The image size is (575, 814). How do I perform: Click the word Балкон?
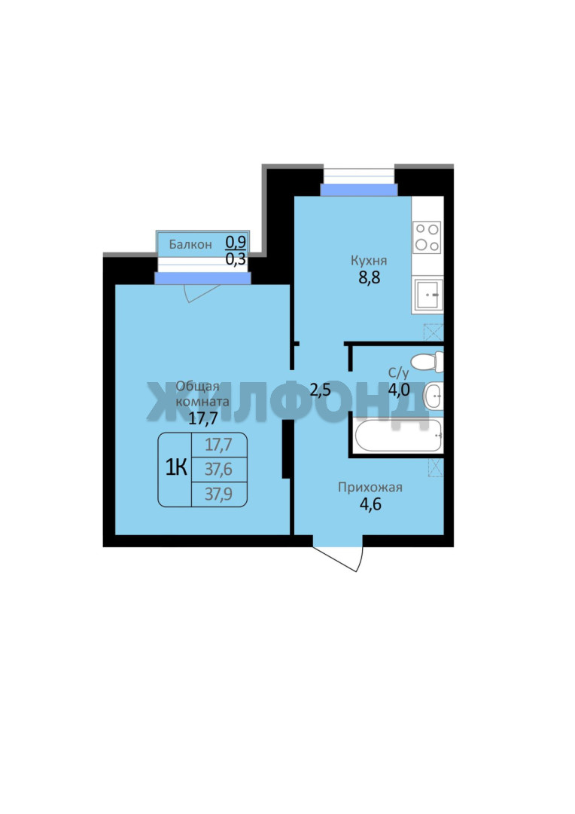point(190,244)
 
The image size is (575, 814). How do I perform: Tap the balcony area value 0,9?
point(236,241)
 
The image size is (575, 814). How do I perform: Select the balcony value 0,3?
point(236,259)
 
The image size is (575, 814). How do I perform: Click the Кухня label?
point(369,261)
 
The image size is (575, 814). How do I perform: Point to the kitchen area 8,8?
point(370,277)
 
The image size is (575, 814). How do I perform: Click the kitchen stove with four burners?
point(427,237)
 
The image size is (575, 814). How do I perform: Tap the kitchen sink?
point(427,295)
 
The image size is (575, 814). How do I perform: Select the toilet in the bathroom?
point(427,362)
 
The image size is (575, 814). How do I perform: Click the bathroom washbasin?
point(433,396)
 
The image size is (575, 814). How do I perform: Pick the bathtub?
point(398,435)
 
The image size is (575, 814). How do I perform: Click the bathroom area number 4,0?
point(399,390)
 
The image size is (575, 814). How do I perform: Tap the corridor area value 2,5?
point(320,390)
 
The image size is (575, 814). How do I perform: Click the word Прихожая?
point(370,488)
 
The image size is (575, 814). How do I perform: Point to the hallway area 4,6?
point(370,504)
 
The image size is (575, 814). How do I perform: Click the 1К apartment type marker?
point(176,468)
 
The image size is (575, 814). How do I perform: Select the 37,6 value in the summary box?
point(218,470)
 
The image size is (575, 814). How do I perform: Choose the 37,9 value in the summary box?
point(218,494)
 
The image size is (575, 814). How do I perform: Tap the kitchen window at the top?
point(358,182)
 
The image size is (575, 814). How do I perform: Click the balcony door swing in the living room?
point(202,292)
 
